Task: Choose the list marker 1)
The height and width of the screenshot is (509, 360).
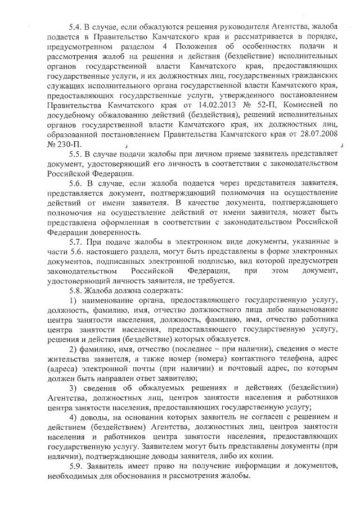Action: (x=73, y=301)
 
